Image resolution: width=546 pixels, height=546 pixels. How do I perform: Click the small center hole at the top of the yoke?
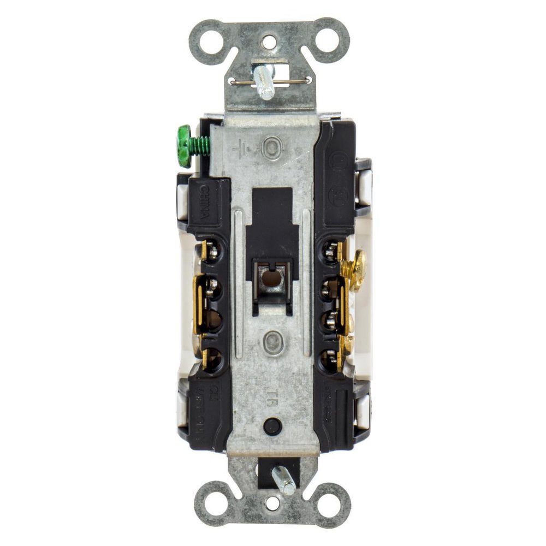(x=269, y=41)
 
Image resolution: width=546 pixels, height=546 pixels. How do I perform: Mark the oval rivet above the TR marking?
(x=271, y=344)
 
